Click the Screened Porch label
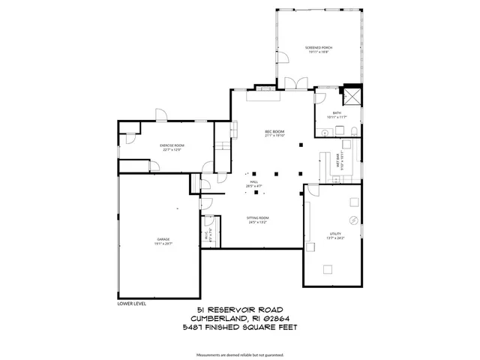point(318,49)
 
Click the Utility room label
point(335,235)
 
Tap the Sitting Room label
point(258,219)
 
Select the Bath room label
point(337,114)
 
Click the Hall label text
point(254,182)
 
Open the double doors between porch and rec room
point(296,82)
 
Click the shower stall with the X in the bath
point(352,97)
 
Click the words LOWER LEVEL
point(132,304)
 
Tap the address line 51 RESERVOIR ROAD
point(239,310)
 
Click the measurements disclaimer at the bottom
point(239,354)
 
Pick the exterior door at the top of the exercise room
point(161,114)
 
